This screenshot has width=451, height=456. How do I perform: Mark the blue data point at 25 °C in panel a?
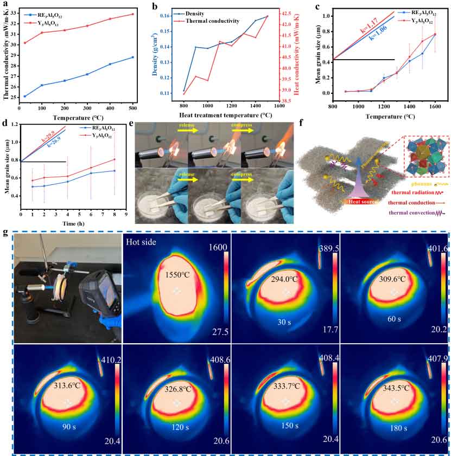click(25, 97)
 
